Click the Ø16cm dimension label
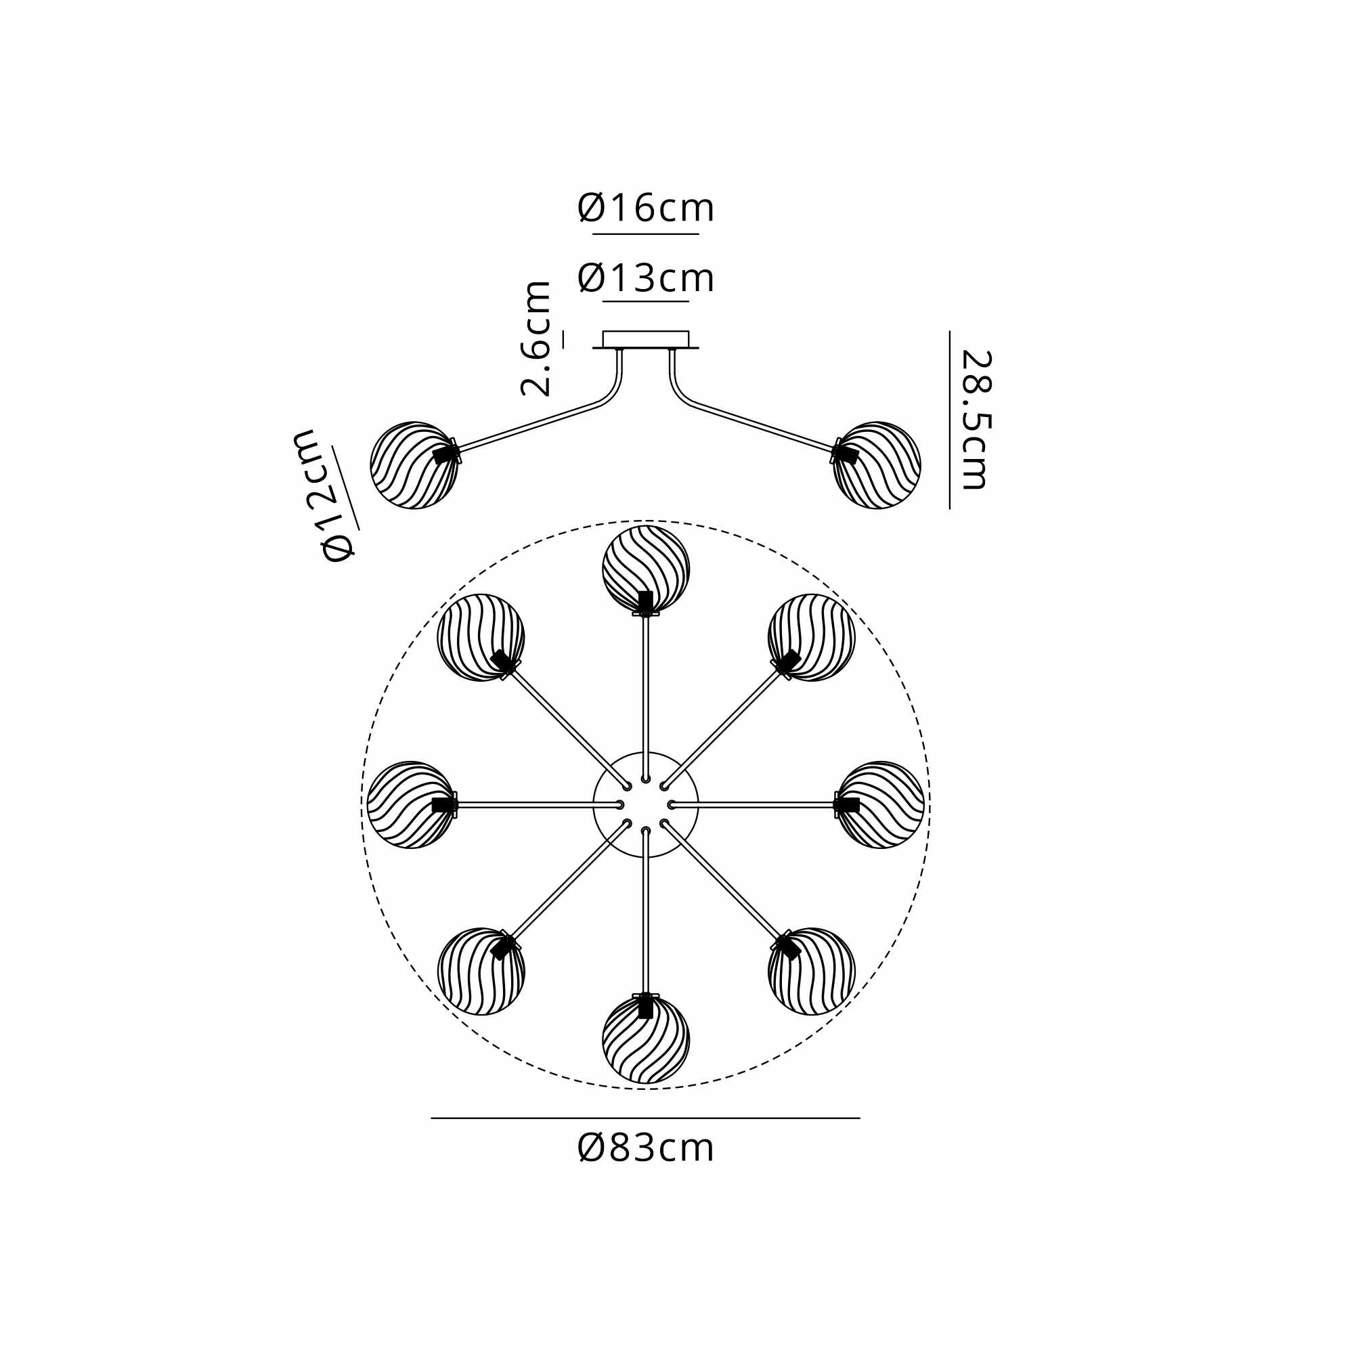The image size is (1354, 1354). tap(645, 208)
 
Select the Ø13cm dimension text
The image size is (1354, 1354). tap(645, 278)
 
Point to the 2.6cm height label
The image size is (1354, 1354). tap(536, 338)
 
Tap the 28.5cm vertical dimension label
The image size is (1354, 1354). tap(976, 419)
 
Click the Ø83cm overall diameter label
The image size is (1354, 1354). tap(645, 1148)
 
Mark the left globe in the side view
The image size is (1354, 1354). tap(414, 464)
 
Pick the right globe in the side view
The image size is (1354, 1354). tap(877, 464)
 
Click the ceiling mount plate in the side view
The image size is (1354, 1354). tap(645, 340)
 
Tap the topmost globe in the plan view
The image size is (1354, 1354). tap(645, 569)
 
